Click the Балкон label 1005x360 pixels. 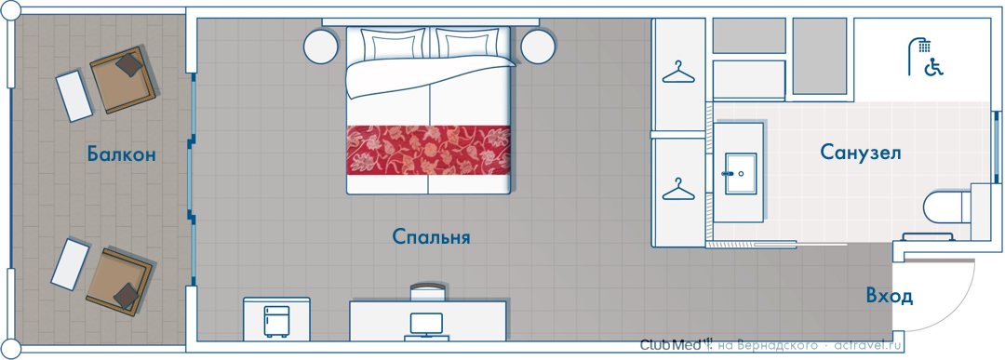pyautogui.click(x=122, y=154)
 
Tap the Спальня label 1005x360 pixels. pyautogui.click(x=432, y=237)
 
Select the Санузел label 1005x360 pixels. pyautogui.click(x=861, y=153)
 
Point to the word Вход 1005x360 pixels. pyautogui.click(x=889, y=297)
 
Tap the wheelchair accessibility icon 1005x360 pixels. pyautogui.click(x=934, y=67)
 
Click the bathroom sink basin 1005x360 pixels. pyautogui.click(x=741, y=173)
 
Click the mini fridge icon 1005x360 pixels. pyautogui.click(x=276, y=321)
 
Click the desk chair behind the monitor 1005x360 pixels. pyautogui.click(x=427, y=292)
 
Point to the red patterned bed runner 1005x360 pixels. pyautogui.click(x=429, y=150)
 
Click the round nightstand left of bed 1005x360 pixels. pyautogui.click(x=320, y=47)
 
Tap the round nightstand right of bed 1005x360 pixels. pyautogui.click(x=538, y=47)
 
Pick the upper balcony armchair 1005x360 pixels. pyautogui.click(x=123, y=79)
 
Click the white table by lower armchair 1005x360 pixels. pyautogui.click(x=70, y=264)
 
